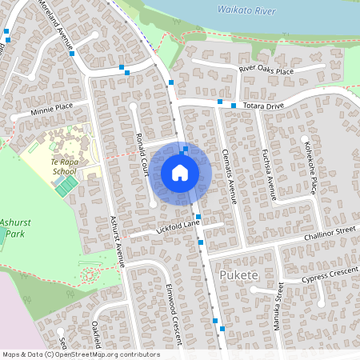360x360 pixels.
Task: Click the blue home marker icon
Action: click(x=180, y=173)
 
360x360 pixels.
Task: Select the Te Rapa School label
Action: click(x=65, y=165)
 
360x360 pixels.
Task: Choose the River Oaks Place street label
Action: click(x=266, y=70)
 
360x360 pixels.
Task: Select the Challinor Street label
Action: click(x=328, y=233)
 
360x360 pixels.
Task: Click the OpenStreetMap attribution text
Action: click(x=81, y=354)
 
